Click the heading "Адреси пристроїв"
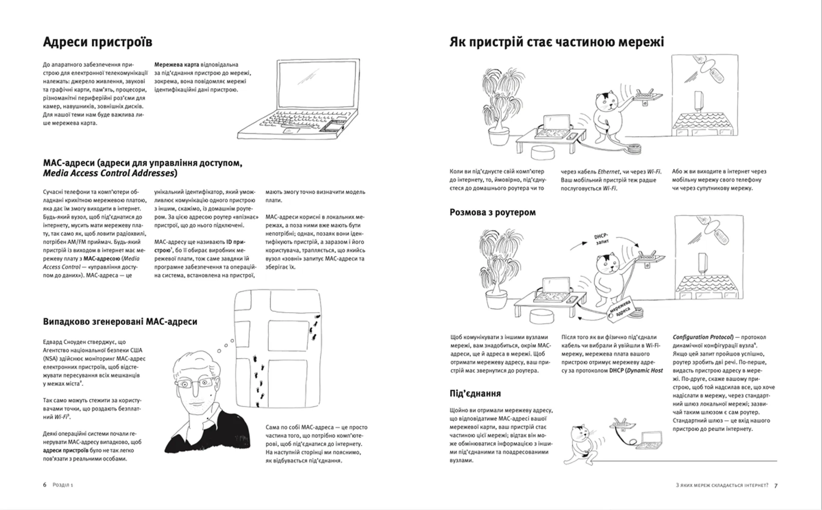(x=98, y=42)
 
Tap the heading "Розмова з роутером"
(x=492, y=212)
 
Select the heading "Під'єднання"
(x=475, y=393)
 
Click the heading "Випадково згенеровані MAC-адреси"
(x=120, y=321)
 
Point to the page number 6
(x=45, y=485)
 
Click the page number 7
(x=776, y=485)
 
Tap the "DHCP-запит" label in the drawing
(x=602, y=239)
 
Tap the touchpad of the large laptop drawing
(x=292, y=130)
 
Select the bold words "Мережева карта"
(x=176, y=65)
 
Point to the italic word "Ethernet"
(x=608, y=172)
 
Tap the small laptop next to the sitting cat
(x=648, y=440)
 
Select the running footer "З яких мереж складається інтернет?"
(x=721, y=485)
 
